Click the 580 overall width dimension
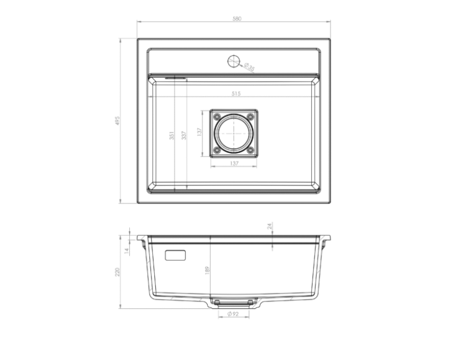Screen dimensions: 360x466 pos(236,19)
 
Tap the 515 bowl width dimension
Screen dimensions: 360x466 pos(236,93)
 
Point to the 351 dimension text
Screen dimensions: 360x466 pos(171,136)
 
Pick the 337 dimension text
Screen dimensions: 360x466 pos(183,136)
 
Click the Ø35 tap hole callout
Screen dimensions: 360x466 pos(249,67)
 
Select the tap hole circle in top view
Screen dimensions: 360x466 pos(234,61)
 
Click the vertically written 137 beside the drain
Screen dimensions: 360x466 pos(199,133)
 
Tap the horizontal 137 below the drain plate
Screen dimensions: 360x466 pos(234,164)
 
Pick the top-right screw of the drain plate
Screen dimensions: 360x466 pos(250,117)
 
